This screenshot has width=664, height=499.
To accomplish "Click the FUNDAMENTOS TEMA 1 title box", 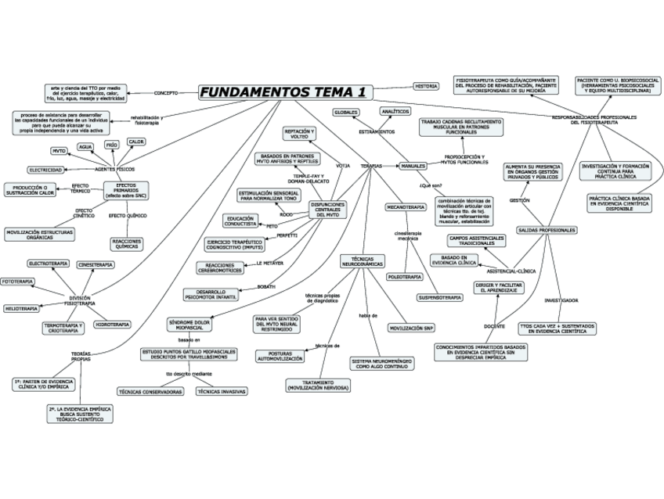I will [x=284, y=92].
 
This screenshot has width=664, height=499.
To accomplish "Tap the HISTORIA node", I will [x=426, y=86].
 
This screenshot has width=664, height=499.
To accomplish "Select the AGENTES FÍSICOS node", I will [x=114, y=169].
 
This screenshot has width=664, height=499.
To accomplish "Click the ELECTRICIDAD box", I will [x=46, y=170].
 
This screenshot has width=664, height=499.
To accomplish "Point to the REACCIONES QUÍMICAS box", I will [x=128, y=243].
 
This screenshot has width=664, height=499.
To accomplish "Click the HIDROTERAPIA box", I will [x=112, y=324].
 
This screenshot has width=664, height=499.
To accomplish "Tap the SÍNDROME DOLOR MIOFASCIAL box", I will [x=189, y=325].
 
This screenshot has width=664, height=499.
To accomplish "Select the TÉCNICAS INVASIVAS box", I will [x=221, y=390].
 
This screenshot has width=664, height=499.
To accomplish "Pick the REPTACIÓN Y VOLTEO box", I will [x=300, y=134].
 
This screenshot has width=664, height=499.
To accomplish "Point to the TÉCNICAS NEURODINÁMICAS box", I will [x=362, y=262].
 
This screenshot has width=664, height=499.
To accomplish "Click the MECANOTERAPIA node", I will [x=406, y=207].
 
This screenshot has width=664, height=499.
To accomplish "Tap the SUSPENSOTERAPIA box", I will [x=439, y=297].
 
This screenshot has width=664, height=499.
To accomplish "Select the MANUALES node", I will [x=413, y=167].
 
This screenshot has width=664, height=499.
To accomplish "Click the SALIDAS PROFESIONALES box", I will [x=547, y=230].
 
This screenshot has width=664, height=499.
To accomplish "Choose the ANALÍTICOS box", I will [x=395, y=112].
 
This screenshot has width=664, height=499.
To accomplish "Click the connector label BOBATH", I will [x=266, y=287].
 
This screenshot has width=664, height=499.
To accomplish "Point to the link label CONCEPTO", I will [x=165, y=93].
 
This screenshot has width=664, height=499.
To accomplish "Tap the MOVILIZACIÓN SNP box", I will [x=411, y=328].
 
